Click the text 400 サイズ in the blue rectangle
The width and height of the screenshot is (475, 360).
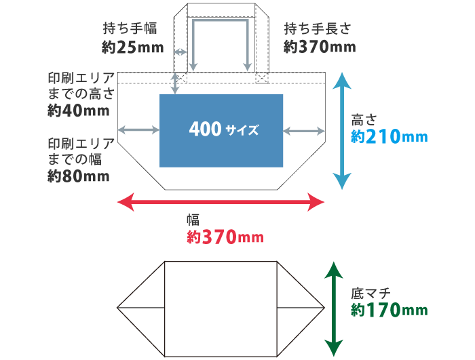(224, 129)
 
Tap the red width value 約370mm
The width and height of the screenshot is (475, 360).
(225, 237)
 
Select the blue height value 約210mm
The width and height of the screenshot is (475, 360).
(389, 136)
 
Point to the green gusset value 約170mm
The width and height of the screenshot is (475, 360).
(389, 310)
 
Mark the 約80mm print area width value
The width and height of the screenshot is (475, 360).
(79, 176)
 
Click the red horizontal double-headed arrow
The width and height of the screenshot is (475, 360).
(221, 201)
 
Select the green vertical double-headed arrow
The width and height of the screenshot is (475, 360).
(333, 308)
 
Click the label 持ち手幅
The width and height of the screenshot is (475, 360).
(130, 28)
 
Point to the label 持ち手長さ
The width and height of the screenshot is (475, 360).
(318, 28)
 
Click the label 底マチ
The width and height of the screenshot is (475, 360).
(370, 294)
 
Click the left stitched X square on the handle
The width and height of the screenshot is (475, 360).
(181, 79)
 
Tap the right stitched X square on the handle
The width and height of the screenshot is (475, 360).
(261, 79)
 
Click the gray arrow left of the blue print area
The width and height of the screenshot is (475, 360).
(138, 129)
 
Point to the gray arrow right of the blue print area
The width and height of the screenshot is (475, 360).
(304, 129)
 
